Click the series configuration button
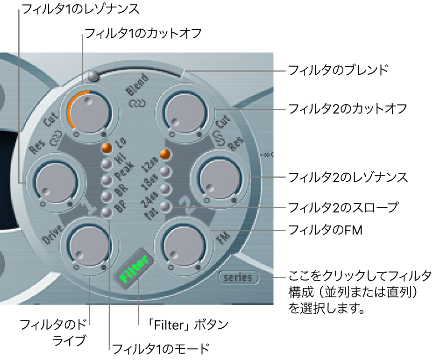[238, 278]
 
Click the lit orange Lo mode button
[107, 148]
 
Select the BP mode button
[107, 212]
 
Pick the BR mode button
[107, 196]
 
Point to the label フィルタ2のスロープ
[344, 206]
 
